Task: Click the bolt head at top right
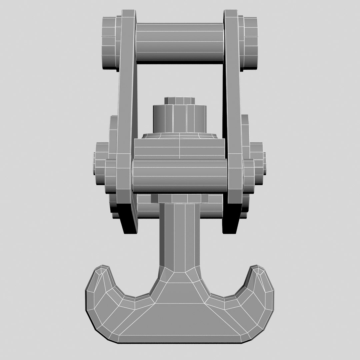tap(251, 42)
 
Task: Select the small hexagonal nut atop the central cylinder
tap(179, 101)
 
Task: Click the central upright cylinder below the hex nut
tap(179, 118)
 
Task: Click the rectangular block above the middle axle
tap(179, 148)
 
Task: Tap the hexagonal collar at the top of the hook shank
tap(179, 199)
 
